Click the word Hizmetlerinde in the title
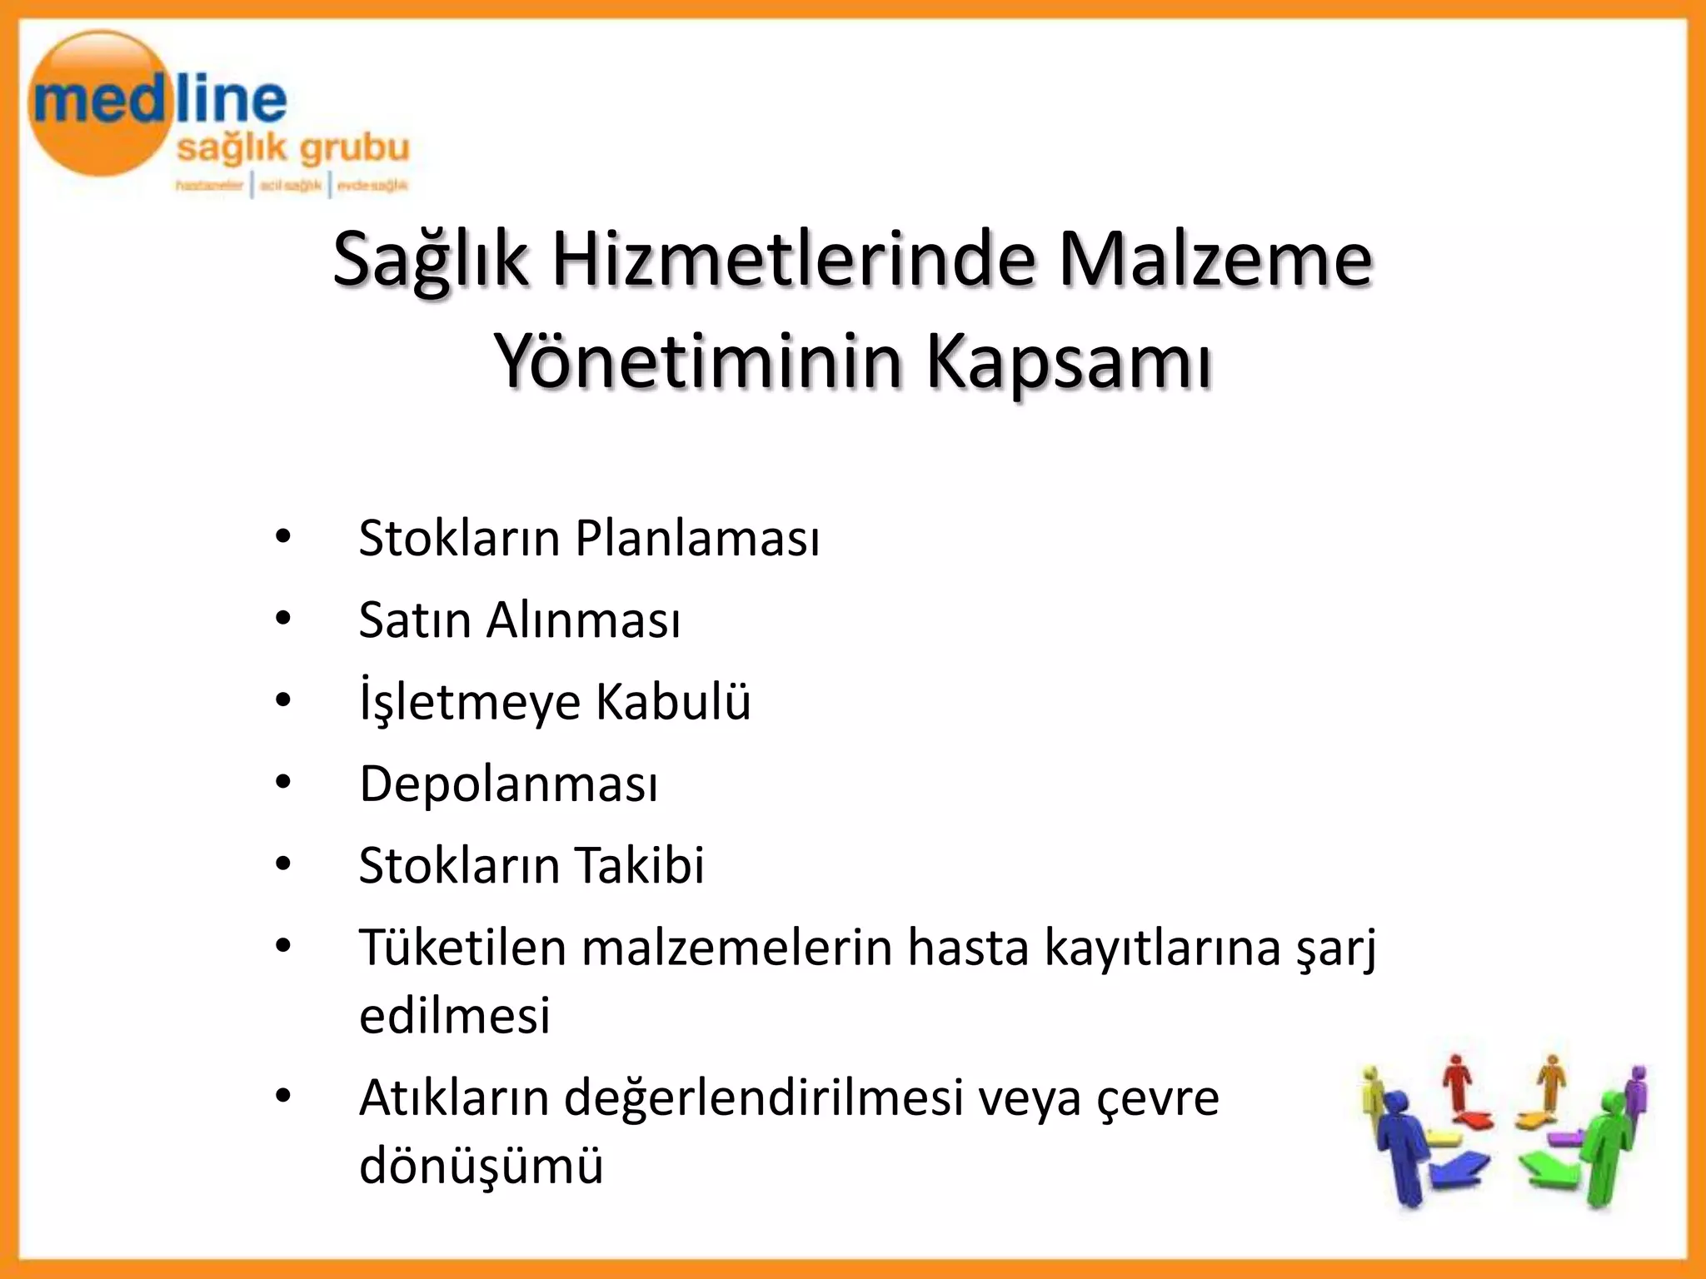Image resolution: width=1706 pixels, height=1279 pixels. coord(794,259)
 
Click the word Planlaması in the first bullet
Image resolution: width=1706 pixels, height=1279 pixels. coord(697,539)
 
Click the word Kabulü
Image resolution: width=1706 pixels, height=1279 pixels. coord(673,701)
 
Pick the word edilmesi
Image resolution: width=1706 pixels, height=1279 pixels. coord(455,1015)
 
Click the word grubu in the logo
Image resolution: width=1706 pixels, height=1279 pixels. coord(354,149)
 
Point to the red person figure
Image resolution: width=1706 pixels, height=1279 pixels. coord(1457,1082)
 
